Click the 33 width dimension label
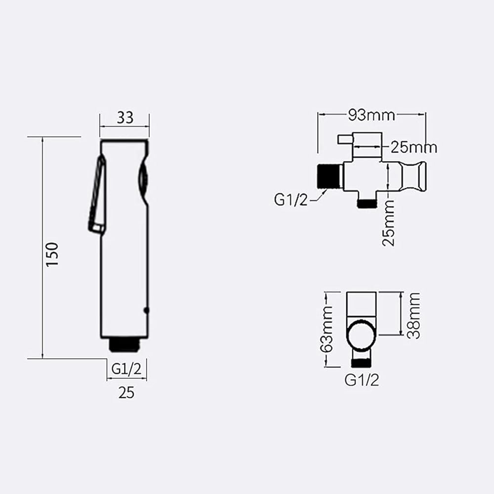[x=125, y=118]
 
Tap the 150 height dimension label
[x=52, y=254]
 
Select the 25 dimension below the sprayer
[x=126, y=393]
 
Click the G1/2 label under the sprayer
[x=126, y=369]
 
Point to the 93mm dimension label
[x=372, y=115]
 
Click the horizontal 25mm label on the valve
[x=414, y=147]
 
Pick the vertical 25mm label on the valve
[x=388, y=223]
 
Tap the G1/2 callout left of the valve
[x=290, y=200]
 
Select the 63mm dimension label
[x=326, y=329]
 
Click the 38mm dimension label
[x=413, y=316]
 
